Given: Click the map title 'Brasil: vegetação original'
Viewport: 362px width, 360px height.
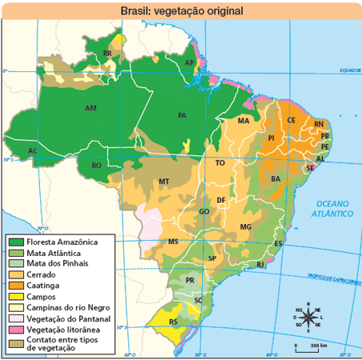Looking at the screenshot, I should (181, 10).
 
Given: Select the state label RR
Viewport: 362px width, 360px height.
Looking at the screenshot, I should (107, 54).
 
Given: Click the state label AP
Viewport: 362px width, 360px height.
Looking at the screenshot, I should (189, 62).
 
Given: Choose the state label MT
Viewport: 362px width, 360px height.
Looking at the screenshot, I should (163, 182).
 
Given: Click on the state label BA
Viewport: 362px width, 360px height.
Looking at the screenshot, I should (275, 179).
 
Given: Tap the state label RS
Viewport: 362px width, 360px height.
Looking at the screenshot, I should (173, 322).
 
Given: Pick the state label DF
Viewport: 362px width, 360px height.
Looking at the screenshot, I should (221, 200).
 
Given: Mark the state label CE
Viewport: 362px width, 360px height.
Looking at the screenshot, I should (292, 121).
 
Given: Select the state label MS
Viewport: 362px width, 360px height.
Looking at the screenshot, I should (173, 242).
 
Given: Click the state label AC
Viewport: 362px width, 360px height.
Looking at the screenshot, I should (33, 150).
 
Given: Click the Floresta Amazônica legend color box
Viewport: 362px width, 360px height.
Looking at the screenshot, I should (15, 241).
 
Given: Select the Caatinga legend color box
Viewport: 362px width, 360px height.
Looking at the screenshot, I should (15, 285).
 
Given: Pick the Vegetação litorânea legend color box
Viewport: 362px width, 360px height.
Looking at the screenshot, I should (15, 329).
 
